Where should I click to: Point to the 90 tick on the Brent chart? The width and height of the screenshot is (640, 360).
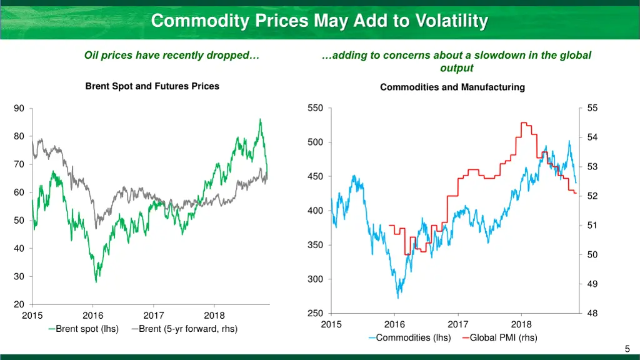click(19, 109)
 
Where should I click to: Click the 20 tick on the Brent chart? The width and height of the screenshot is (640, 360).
click(19, 304)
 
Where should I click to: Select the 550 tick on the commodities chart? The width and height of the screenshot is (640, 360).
click(316, 108)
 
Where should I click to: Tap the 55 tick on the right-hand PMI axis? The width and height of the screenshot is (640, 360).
click(592, 108)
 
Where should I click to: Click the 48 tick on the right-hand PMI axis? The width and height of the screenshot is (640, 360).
click(592, 314)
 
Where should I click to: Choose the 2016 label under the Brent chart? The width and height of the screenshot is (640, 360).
click(93, 316)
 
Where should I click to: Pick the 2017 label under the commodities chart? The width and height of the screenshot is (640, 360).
click(458, 324)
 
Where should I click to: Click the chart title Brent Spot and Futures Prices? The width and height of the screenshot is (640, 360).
click(152, 86)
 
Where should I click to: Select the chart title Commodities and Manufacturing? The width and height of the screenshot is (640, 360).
click(452, 87)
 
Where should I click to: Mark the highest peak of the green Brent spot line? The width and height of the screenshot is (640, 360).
click(260, 119)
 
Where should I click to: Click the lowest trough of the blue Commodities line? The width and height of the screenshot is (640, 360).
click(398, 298)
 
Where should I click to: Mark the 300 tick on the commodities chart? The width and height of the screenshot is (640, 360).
click(316, 279)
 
